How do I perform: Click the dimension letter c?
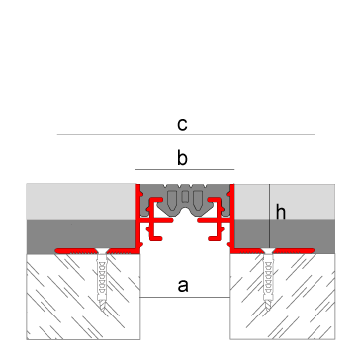[182, 124]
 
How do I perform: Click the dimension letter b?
[182, 156]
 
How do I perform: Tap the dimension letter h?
[281, 211]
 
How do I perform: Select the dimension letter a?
[182, 286]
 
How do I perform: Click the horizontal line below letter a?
[184, 297]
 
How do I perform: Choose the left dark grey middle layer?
[79, 234]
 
